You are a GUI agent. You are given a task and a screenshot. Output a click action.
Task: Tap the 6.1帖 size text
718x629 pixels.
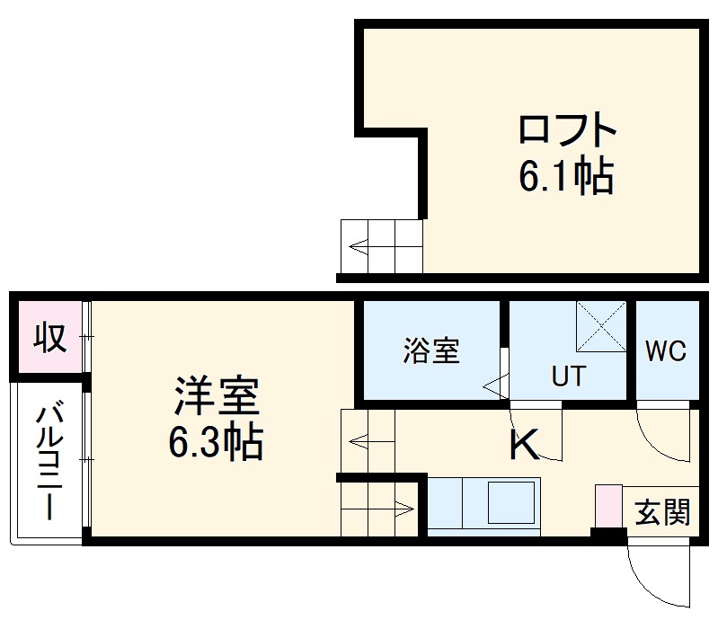(x=566, y=177)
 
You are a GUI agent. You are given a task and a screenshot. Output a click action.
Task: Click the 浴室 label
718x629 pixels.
(x=431, y=350)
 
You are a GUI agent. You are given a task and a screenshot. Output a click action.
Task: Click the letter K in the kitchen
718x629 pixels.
(x=524, y=445)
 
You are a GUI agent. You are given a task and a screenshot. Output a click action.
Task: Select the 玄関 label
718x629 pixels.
(x=662, y=513)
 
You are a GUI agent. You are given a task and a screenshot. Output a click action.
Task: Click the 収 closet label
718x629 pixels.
(x=49, y=338)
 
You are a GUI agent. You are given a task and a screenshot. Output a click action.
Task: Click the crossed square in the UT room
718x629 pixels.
(x=601, y=325)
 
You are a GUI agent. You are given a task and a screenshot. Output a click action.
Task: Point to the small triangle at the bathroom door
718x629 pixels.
(x=492, y=387)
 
